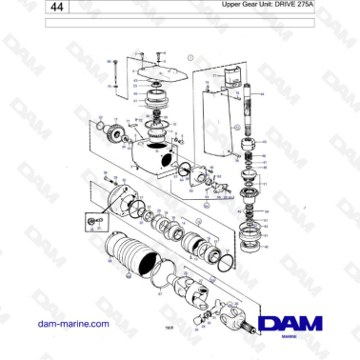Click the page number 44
tap(58, 9)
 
